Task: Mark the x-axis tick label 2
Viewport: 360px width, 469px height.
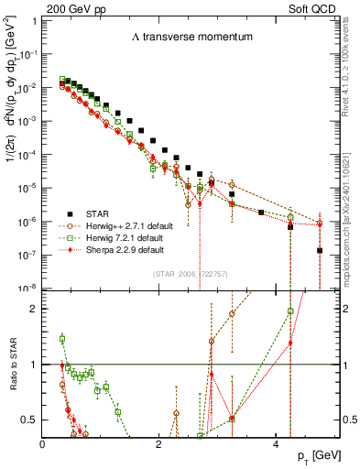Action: [159, 444]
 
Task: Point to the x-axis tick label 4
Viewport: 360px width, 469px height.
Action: [275, 444]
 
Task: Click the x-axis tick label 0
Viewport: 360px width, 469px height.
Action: [43, 444]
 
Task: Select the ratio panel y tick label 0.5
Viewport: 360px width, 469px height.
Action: [30, 419]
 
